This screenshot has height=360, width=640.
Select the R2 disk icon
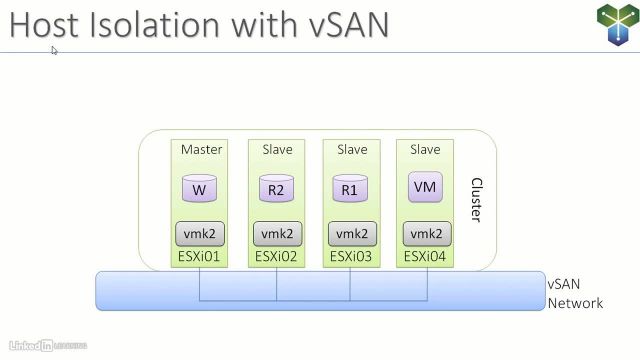coord(276,188)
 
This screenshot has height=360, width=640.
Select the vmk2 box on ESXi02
coord(276,234)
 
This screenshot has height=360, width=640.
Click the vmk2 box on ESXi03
coord(351,234)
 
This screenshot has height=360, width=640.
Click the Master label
coord(201,150)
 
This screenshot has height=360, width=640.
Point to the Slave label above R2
coord(277,150)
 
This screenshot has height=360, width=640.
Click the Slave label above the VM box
coord(425,150)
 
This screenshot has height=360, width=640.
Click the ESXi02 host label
coord(277,257)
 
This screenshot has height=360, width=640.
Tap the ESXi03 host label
coord(351,257)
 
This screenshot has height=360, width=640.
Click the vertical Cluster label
coord(476,200)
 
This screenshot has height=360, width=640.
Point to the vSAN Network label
coord(574,293)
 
